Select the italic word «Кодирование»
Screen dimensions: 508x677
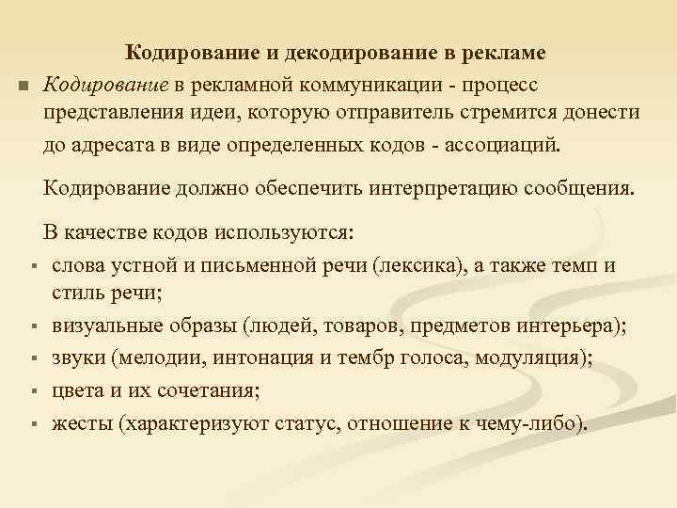105,85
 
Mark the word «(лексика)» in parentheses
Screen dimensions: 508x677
415,264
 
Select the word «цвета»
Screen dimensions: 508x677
77,389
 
